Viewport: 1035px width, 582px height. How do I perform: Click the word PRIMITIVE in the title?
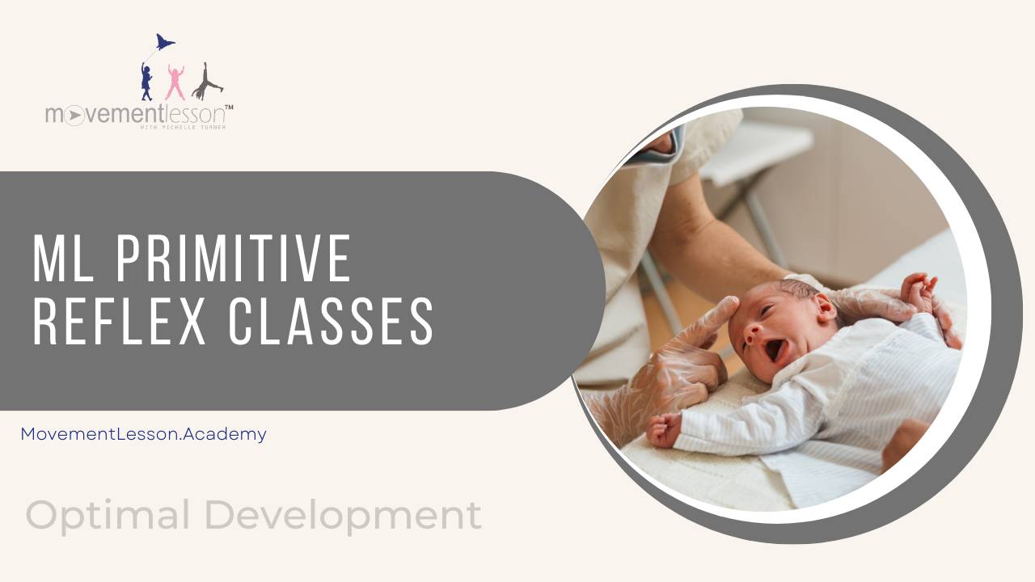234,258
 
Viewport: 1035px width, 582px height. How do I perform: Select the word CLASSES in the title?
331,321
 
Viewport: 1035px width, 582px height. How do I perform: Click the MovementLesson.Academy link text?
143,434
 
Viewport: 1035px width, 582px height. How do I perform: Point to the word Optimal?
108,516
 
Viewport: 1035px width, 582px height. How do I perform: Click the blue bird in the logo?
165,42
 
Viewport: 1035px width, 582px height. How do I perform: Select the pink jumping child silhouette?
175,82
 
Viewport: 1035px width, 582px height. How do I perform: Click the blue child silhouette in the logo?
146,81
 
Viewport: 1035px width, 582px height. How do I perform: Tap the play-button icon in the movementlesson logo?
74,116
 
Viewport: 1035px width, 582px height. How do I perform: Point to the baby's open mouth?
774,350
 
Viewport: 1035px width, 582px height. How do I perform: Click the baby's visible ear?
822,308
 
